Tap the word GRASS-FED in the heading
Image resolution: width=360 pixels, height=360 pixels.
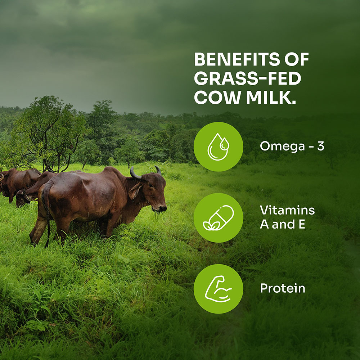pyautogui.click(x=248, y=78)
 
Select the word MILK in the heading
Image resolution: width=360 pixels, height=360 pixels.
pyautogui.click(x=271, y=98)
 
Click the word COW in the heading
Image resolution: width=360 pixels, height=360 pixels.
pyautogui.click(x=218, y=98)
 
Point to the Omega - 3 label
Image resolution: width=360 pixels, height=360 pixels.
pyautogui.click(x=292, y=146)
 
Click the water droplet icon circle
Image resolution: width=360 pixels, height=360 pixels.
pyautogui.click(x=219, y=147)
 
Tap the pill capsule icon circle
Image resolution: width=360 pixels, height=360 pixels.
pyautogui.click(x=219, y=218)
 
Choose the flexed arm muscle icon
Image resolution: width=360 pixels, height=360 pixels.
pyautogui.click(x=219, y=289)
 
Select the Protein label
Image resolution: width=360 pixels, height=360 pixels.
pyautogui.click(x=283, y=288)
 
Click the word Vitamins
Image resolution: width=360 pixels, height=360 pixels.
pyautogui.click(x=287, y=210)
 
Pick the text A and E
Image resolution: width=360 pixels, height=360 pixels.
pyautogui.click(x=282, y=224)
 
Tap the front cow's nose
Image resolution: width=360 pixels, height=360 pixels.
pyautogui.click(x=163, y=208)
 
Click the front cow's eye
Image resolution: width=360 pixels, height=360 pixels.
pyautogui.click(x=150, y=185)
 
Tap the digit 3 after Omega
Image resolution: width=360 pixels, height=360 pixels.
pyautogui.click(x=320, y=146)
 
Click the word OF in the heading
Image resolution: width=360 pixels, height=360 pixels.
pyautogui.click(x=297, y=59)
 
